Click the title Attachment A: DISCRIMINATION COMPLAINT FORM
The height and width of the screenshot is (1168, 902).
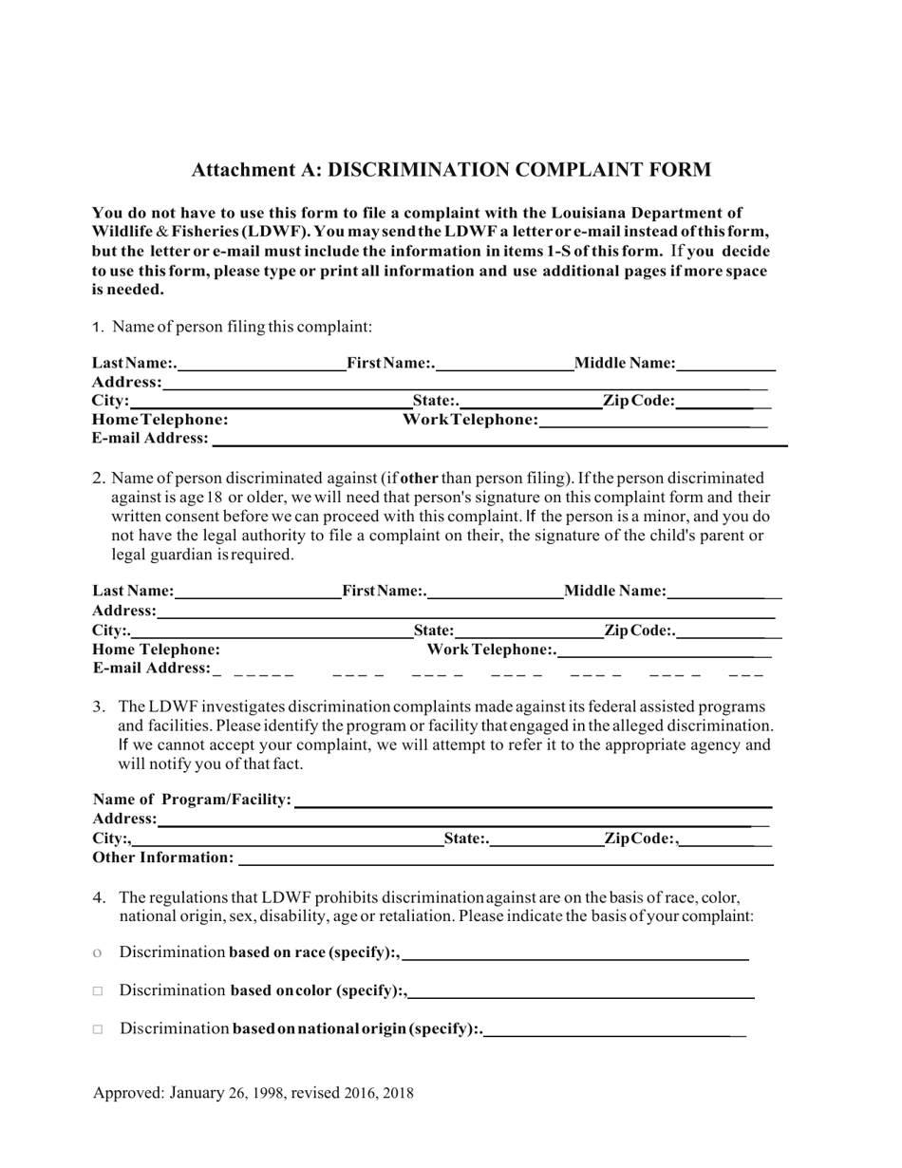point(451,170)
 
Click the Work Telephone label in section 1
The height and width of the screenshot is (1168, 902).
point(470,419)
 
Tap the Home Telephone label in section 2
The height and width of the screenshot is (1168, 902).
point(156,650)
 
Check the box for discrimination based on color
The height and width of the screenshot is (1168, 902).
point(98,991)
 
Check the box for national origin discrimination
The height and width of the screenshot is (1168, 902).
point(98,1029)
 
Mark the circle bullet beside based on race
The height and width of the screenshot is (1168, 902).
point(98,952)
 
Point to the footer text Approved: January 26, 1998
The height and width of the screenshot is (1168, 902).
point(253,1093)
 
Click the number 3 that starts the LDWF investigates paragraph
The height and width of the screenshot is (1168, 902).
point(98,707)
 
